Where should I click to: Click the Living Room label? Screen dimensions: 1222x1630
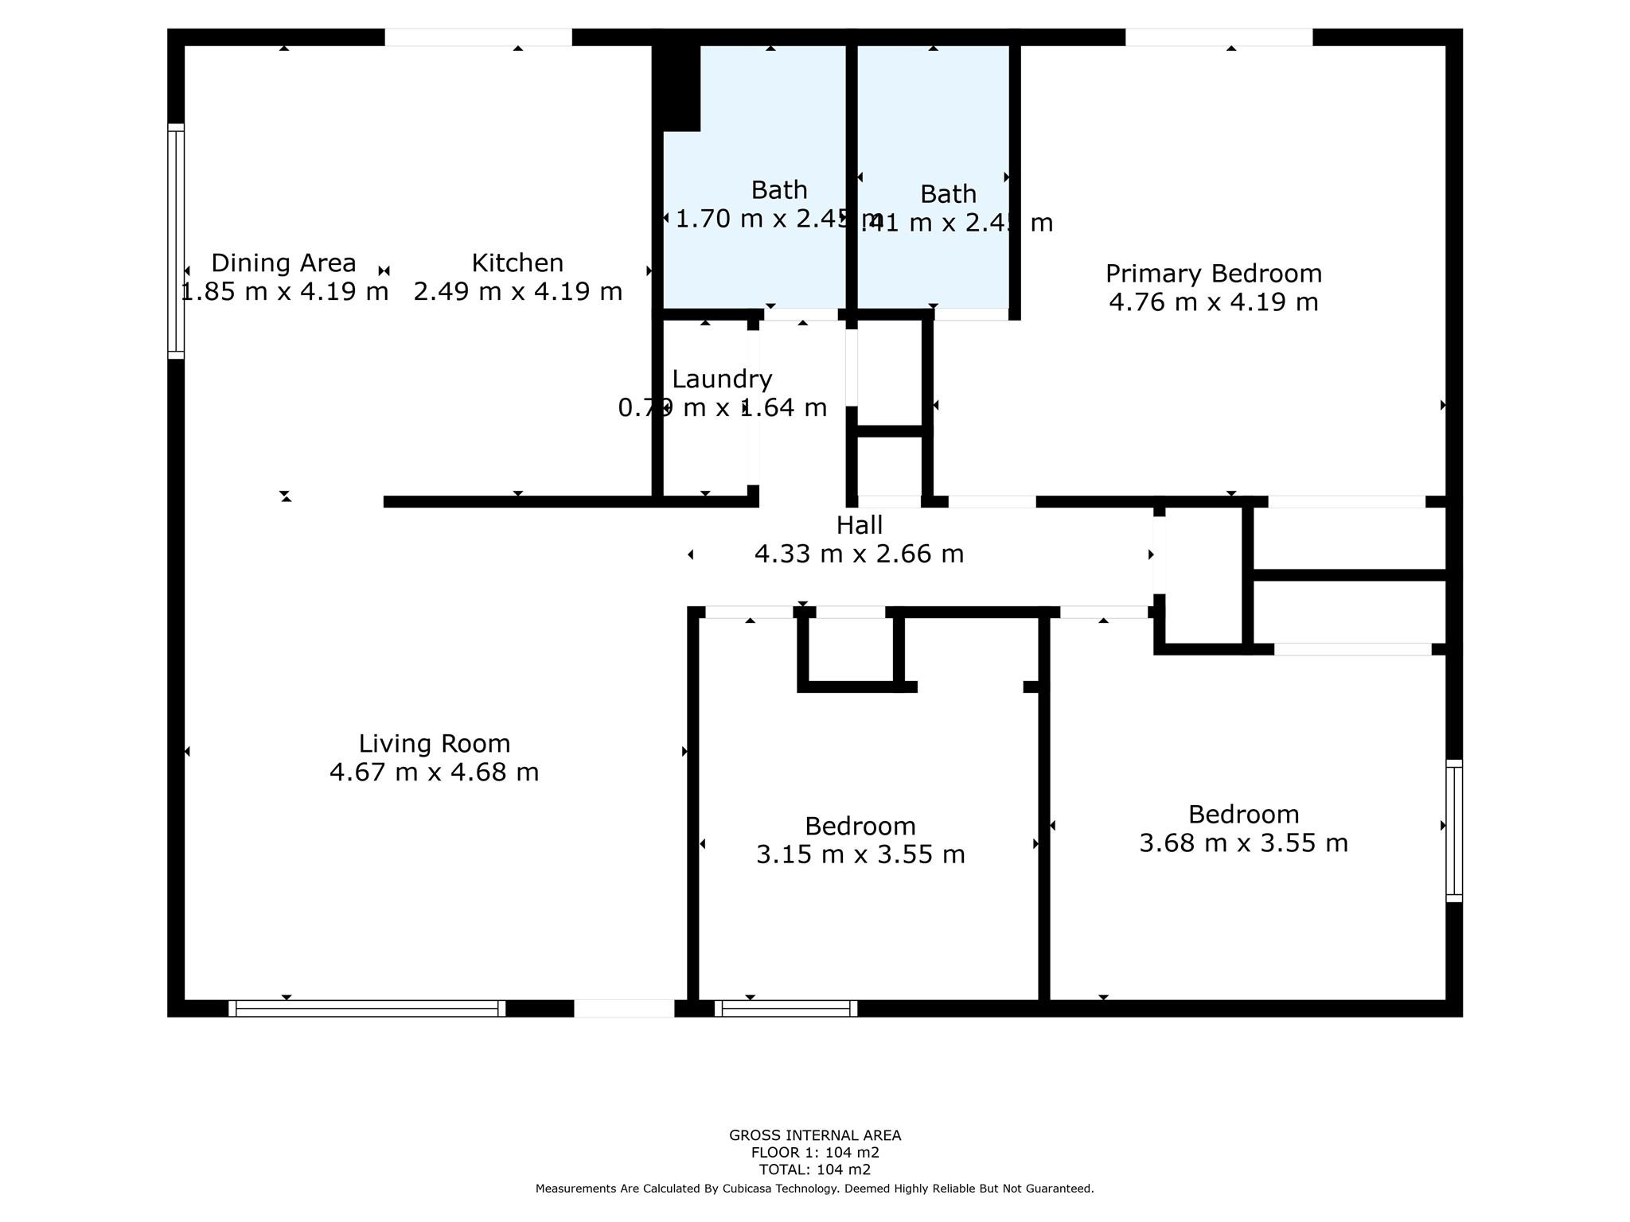tap(434, 743)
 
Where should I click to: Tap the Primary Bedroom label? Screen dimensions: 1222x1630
tap(1213, 273)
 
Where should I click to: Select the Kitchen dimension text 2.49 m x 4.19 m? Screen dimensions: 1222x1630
tap(517, 291)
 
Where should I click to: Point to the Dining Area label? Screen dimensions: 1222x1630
tap(283, 263)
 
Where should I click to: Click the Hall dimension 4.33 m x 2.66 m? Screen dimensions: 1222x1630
tap(859, 554)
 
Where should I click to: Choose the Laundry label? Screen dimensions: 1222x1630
tap(722, 379)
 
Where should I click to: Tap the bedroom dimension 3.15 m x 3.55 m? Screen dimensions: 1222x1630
tap(860, 854)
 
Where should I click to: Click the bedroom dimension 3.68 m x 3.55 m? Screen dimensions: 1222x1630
tap(1243, 843)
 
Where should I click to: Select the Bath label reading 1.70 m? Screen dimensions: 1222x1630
tap(779, 190)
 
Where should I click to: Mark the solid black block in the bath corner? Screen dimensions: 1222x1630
tap(677, 88)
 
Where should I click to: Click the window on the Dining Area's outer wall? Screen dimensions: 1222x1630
tap(176, 241)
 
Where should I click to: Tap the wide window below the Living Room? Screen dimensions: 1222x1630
tap(367, 1008)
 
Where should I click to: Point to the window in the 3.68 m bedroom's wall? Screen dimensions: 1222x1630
tap(1454, 831)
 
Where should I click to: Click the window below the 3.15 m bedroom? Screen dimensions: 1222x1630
tap(786, 1008)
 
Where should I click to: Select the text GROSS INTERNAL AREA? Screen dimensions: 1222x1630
tap(814, 1135)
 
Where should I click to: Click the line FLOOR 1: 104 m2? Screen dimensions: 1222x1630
tap(814, 1153)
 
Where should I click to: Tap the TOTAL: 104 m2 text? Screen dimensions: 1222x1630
tap(814, 1169)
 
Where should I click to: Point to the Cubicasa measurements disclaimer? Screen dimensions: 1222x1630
tap(814, 1189)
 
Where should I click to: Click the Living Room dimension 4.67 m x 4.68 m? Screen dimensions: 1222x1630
tap(434, 773)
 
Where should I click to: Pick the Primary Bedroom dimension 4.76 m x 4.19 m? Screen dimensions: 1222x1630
tap(1213, 302)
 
